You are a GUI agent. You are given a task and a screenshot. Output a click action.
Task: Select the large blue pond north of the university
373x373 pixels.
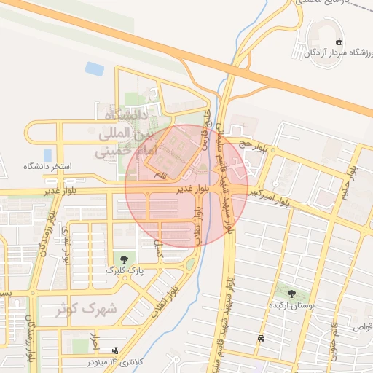(x=95, y=69)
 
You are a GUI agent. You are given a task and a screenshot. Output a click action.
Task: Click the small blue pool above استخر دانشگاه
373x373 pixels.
(x=47, y=155)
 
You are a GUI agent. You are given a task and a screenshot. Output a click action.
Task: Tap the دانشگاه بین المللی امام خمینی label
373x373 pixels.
(x=122, y=134)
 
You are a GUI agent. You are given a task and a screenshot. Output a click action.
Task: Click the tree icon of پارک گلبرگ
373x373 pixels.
(x=122, y=259)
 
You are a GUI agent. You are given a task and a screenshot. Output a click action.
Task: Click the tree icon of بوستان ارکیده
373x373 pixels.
(x=291, y=295)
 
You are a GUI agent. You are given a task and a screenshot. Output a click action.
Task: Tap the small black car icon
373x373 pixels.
(x=261, y=339)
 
